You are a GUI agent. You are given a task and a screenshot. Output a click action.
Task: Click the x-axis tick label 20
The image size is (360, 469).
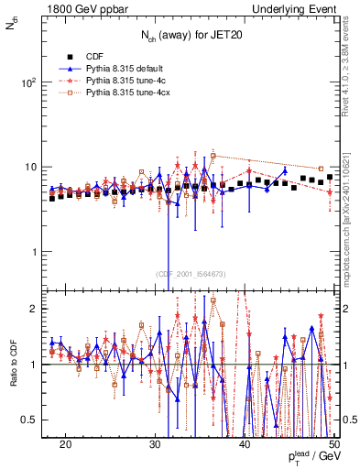[x=65, y=443]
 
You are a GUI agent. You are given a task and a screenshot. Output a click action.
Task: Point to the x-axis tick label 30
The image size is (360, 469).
[x=155, y=443]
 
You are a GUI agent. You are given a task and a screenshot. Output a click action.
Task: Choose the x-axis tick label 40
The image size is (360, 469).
[x=245, y=443]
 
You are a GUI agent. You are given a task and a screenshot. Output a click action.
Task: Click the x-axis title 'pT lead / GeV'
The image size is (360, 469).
[x=310, y=457]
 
